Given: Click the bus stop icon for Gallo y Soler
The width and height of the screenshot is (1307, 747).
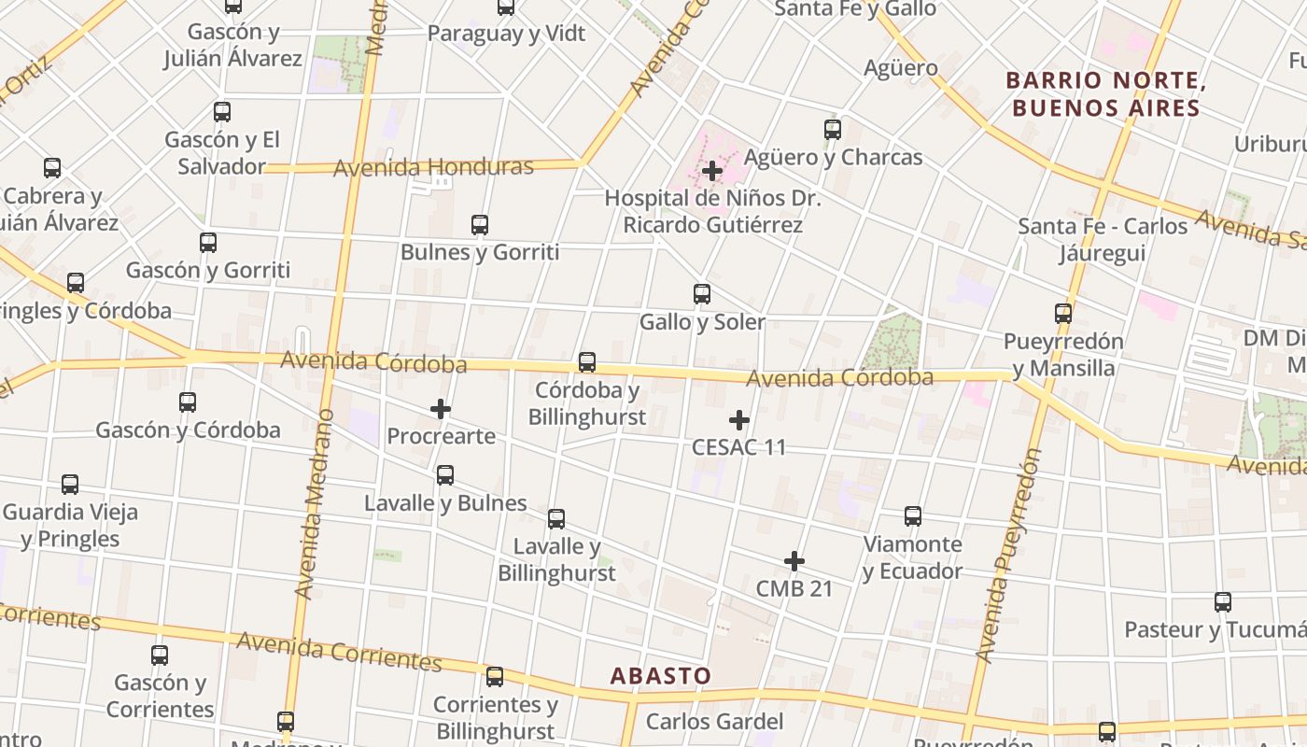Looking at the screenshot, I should (702, 294).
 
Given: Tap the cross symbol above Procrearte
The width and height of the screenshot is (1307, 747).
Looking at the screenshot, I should (441, 409).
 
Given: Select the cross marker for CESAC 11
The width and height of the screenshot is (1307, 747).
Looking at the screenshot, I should (739, 420).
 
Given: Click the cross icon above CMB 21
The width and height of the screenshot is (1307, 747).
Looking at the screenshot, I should (794, 561).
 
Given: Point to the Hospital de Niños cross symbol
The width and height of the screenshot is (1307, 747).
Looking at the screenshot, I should (712, 171).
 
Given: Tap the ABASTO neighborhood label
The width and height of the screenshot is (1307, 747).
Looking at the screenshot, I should (661, 675).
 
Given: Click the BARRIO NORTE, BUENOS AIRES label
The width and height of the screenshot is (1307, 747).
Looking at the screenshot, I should (1105, 94).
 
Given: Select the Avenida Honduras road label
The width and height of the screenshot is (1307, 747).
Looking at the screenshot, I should (433, 168).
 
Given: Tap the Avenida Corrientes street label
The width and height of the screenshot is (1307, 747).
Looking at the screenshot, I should (339, 651).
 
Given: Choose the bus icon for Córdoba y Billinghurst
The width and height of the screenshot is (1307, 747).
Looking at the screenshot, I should (587, 361).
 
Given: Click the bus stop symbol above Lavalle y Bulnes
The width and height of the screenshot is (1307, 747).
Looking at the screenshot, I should (445, 475).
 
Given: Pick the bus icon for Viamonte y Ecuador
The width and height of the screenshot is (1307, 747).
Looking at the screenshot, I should (913, 516).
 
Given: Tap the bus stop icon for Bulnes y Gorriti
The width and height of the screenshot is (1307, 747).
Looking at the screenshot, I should (480, 225).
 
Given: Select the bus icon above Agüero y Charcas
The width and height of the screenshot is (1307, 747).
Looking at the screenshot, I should (833, 130).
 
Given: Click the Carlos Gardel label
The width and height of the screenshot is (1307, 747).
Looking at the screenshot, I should (714, 721).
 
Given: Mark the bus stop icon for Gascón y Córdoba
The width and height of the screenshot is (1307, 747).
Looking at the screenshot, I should (188, 402).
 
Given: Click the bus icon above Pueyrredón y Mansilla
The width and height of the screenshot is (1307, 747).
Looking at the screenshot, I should (1063, 314).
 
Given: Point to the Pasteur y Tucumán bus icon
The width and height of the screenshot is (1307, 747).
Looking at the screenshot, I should (1223, 602).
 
